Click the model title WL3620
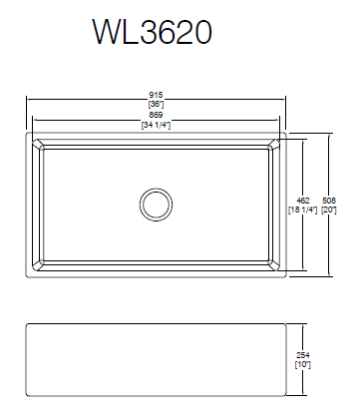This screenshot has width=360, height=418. tap(153, 32)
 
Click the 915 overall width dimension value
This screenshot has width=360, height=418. tap(156, 96)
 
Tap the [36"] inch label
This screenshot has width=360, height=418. tap(156, 104)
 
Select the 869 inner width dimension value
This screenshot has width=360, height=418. tap(156, 115)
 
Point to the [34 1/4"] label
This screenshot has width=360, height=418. tap(156, 125)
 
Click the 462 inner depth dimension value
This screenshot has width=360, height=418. tap(303, 201)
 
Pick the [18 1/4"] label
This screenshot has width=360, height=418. tap(303, 210)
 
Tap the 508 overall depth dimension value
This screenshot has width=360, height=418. tap(329, 201)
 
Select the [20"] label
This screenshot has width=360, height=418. tap(329, 210)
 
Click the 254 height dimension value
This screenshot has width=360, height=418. tap(303, 356)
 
